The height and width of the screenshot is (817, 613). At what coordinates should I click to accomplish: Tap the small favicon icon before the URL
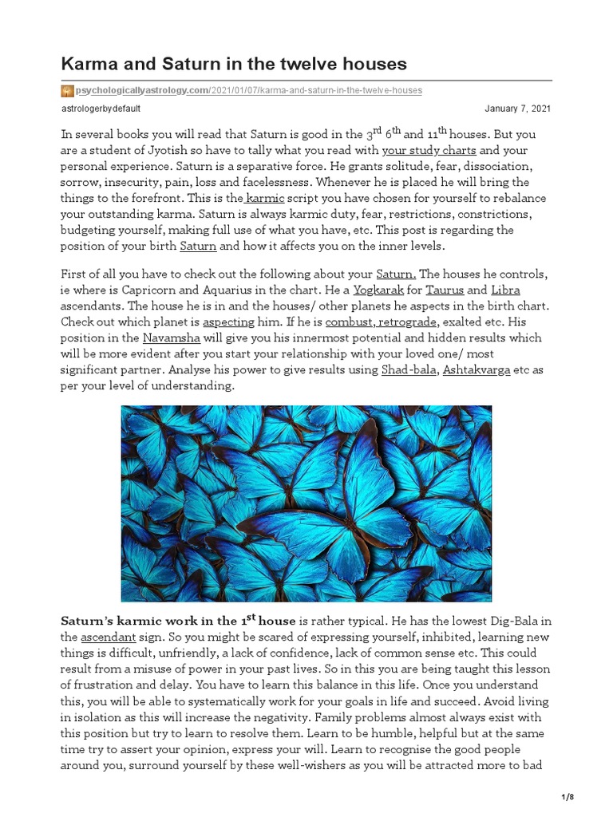67,91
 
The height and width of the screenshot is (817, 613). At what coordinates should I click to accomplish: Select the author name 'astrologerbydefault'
101,109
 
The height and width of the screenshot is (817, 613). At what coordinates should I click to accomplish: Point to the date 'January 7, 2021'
517,109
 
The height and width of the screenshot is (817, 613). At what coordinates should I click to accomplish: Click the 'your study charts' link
429,150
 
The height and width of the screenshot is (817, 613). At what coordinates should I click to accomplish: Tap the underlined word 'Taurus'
445,290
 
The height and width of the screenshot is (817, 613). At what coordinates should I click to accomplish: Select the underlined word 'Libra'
505,290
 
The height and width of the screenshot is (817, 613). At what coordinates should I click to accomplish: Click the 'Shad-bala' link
409,369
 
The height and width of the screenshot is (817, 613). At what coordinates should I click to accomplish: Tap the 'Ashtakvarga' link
477,369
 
